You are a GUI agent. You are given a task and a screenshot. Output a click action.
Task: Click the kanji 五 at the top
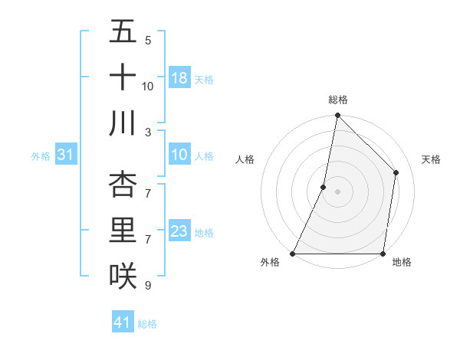pos(123,33)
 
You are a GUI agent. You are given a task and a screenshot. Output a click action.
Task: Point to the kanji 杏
pos(123,185)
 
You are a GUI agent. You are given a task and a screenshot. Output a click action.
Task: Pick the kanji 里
pos(123,231)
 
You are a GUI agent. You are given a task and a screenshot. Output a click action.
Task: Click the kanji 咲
pos(123,275)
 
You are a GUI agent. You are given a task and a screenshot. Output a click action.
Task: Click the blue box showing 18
pos(179,78)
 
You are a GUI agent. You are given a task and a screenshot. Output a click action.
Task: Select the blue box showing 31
pos(66,155)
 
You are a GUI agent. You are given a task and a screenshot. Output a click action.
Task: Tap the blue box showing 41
pos(123,322)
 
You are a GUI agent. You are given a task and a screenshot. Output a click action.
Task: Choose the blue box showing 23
pos(179,231)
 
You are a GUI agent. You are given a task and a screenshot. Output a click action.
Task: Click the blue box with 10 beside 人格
pos(179,155)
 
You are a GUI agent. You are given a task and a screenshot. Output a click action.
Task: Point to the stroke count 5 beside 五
pos(148,41)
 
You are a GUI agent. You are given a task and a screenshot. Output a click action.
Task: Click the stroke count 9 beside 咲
pos(148,285)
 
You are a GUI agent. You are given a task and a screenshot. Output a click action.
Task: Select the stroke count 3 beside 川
pos(148,132)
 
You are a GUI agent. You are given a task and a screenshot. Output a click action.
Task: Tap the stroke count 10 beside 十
pos(148,87)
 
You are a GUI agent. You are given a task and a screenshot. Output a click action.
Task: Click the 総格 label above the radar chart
pos(338,100)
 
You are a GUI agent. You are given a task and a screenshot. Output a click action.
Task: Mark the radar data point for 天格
pos(396,172)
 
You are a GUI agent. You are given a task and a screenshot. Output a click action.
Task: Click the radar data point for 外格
pos(293,254)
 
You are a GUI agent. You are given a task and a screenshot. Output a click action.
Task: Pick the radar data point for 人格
pos(324,187)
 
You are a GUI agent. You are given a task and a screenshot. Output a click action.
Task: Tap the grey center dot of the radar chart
pos(337,191)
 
